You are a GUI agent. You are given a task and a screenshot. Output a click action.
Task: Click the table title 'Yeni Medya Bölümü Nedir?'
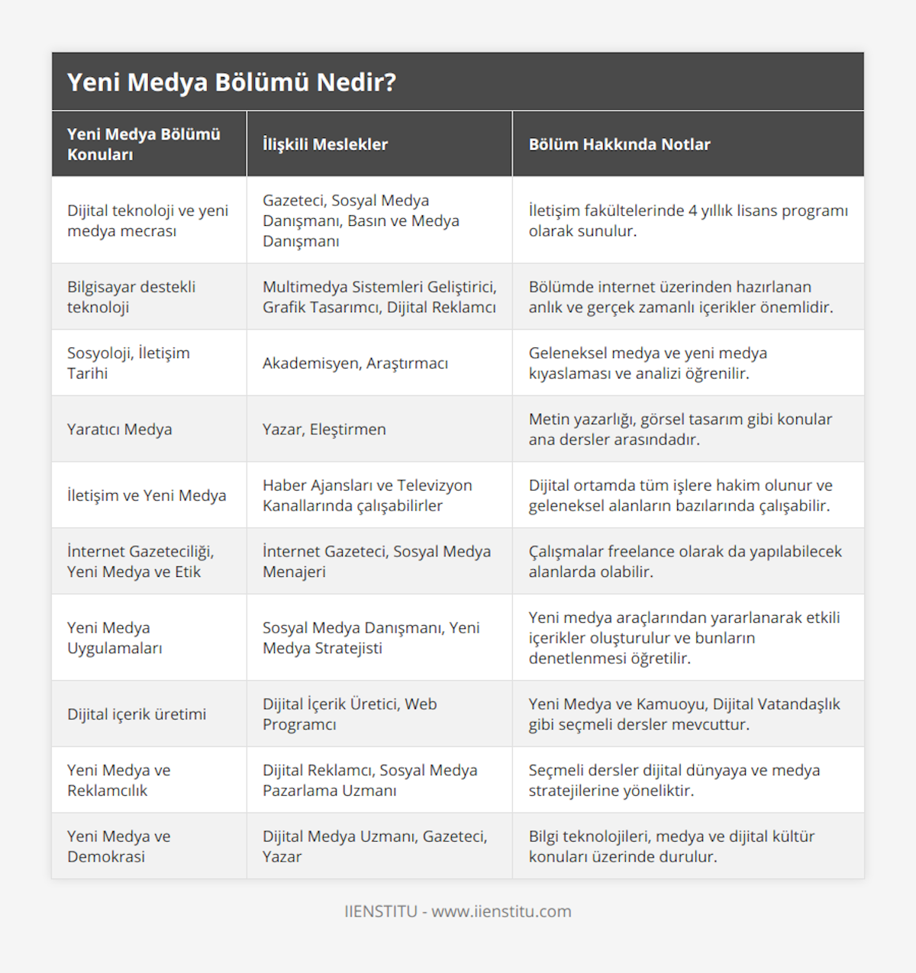[x=231, y=82]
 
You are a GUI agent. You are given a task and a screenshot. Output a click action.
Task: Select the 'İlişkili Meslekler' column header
[x=325, y=144]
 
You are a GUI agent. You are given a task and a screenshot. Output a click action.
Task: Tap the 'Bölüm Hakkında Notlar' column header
[x=619, y=144]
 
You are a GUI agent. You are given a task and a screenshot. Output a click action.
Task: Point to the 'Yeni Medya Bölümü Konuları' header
[x=144, y=144]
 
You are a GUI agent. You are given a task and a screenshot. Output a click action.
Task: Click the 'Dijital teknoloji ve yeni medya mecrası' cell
[x=147, y=221]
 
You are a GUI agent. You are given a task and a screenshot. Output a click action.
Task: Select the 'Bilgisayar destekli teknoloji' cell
[x=131, y=297]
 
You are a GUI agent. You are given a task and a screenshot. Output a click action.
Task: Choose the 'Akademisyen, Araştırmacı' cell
[x=355, y=363]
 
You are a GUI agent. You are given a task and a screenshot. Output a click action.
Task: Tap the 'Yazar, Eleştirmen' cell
[x=324, y=430]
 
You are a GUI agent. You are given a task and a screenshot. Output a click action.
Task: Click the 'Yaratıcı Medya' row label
[x=120, y=430]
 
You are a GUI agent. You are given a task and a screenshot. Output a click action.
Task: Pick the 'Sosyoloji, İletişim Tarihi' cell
[x=128, y=363]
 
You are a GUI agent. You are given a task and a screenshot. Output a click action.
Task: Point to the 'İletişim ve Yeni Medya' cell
[x=147, y=495]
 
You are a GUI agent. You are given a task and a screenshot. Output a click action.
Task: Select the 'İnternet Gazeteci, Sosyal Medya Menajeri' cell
[x=376, y=562]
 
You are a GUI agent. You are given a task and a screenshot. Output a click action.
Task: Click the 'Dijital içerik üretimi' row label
[x=137, y=714]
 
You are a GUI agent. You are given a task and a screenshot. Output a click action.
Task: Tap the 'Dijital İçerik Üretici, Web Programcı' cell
[x=350, y=714]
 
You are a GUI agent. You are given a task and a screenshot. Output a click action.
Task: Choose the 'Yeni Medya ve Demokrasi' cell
[x=119, y=846]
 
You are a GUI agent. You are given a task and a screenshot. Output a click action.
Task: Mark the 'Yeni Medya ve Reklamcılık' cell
[x=119, y=781]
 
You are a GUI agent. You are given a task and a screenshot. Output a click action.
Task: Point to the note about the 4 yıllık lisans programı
[x=688, y=221]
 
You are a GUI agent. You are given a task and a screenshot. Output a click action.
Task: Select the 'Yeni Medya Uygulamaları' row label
[x=114, y=638]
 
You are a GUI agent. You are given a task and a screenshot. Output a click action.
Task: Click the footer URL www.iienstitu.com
[x=501, y=911]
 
